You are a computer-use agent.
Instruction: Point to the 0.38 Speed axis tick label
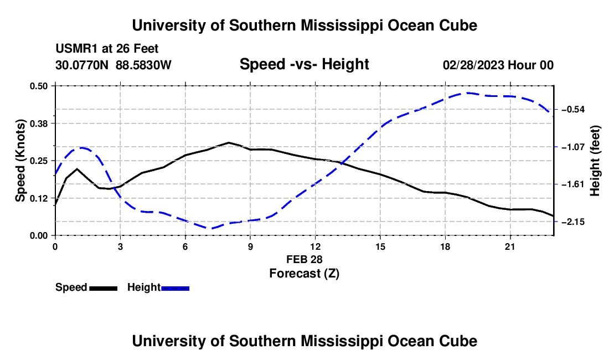click(38, 124)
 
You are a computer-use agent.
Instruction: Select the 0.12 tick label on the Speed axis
click(38, 198)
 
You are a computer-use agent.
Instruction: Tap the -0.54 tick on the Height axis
click(573, 110)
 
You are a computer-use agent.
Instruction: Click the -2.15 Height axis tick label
click(573, 222)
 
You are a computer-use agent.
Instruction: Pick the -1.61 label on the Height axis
click(573, 184)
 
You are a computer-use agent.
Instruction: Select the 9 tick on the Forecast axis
click(250, 246)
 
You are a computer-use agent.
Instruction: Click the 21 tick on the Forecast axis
click(510, 246)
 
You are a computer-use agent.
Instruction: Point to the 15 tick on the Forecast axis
click(380, 246)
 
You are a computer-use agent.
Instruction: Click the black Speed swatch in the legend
click(104, 288)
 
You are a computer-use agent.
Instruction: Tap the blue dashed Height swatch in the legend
click(175, 288)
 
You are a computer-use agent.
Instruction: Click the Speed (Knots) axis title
click(20, 161)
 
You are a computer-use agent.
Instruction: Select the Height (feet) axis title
click(595, 161)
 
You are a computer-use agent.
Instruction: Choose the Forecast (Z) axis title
click(304, 274)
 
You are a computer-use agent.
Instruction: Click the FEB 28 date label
click(304, 259)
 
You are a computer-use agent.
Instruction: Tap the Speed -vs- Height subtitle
click(304, 64)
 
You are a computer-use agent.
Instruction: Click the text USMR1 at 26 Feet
click(107, 49)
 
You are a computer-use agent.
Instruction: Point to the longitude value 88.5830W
click(143, 65)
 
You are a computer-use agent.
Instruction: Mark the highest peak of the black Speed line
click(229, 142)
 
